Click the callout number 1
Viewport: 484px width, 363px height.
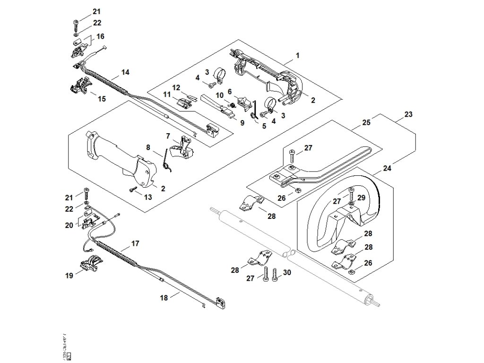click(x=297, y=55)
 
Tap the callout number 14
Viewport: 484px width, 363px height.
click(x=125, y=72)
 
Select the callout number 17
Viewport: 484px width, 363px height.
click(x=135, y=244)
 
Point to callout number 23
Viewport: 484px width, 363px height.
click(x=408, y=114)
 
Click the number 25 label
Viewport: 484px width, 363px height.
click(x=366, y=122)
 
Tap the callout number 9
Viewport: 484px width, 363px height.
click(x=242, y=123)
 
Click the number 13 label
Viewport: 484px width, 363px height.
click(x=148, y=197)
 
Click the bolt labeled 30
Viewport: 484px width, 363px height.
click(x=275, y=274)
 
